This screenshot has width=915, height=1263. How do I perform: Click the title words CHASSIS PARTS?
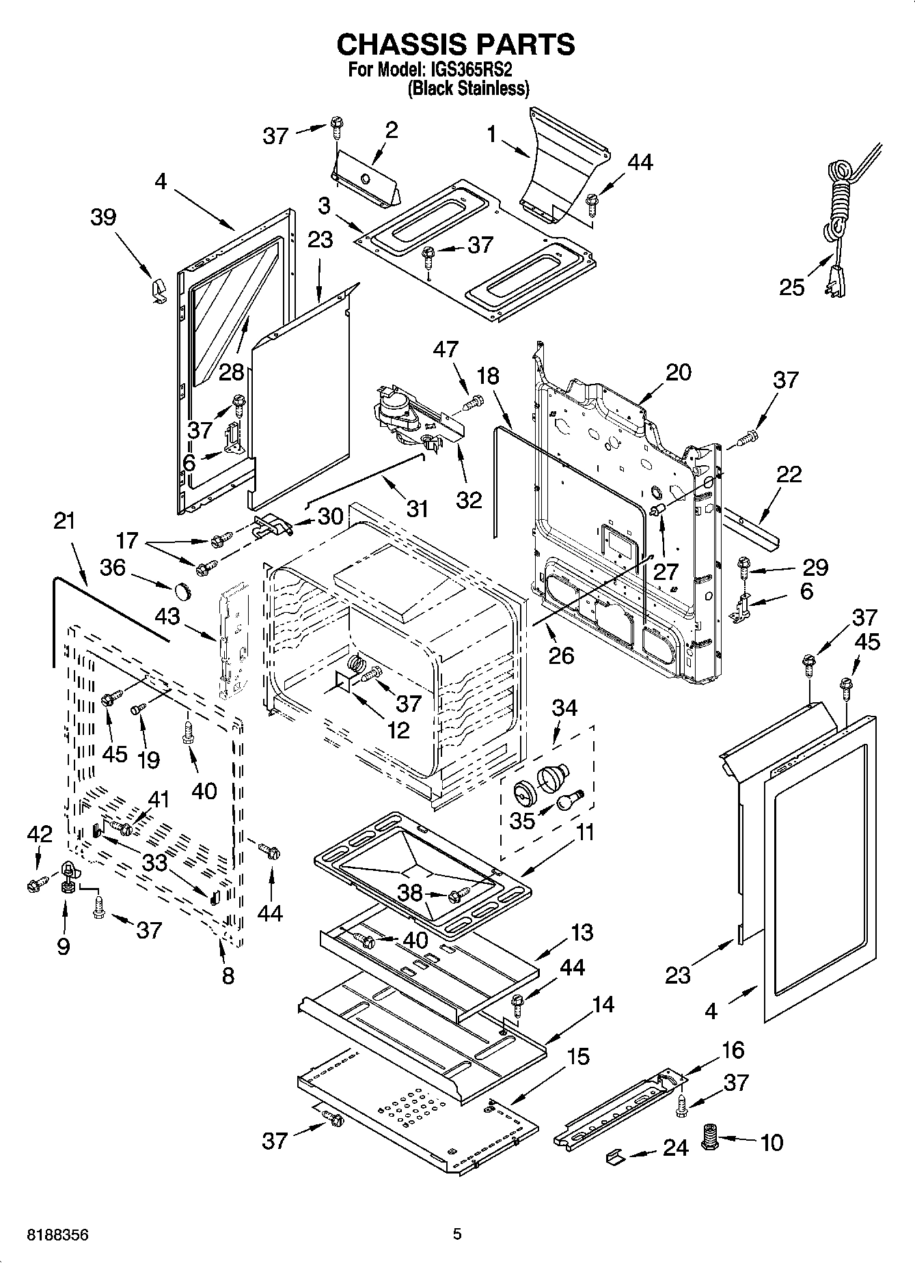456,44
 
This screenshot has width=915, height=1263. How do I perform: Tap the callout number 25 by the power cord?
792,287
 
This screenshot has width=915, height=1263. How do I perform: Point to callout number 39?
103,217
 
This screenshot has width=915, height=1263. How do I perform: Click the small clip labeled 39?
157,290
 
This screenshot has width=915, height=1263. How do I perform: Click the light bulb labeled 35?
567,801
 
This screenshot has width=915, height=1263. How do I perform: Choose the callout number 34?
564,708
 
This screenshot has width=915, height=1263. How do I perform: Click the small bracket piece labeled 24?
615,1156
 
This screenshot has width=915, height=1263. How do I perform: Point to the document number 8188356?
57,1234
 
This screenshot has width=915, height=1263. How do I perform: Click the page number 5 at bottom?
457,1234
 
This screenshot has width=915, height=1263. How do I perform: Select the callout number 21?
64,521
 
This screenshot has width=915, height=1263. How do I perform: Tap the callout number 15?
577,1057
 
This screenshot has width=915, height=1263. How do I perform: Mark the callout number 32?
469,500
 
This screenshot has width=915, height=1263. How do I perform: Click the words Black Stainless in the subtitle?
468,89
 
